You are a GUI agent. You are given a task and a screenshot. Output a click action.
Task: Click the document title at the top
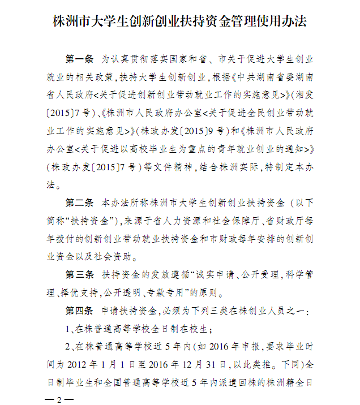coord(179,22)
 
